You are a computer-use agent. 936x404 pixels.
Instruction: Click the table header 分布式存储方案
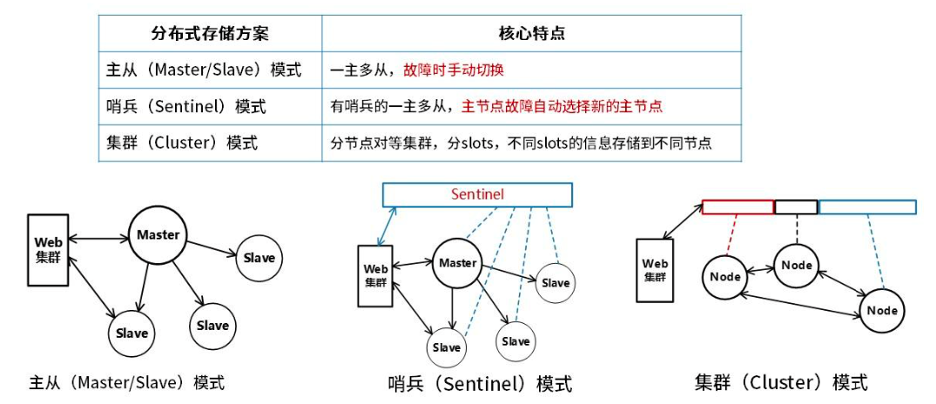tap(210, 33)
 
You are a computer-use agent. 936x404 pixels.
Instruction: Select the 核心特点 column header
tap(530, 33)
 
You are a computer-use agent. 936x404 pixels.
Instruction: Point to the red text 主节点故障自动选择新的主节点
tap(562, 106)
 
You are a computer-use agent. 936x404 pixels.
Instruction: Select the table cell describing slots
tap(520, 143)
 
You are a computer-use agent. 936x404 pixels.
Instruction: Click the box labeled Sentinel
tap(477, 194)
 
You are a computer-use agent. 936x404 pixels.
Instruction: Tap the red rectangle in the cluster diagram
tap(737, 207)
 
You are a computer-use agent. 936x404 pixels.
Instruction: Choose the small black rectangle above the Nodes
tap(796, 207)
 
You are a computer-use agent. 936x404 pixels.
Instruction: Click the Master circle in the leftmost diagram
tap(158, 234)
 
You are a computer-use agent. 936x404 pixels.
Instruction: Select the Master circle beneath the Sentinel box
tap(457, 263)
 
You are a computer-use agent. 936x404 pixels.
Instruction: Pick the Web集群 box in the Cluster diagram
tap(655, 270)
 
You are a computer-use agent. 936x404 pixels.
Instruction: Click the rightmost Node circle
tap(881, 311)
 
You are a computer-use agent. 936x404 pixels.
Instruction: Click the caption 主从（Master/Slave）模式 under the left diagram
tap(127, 382)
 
